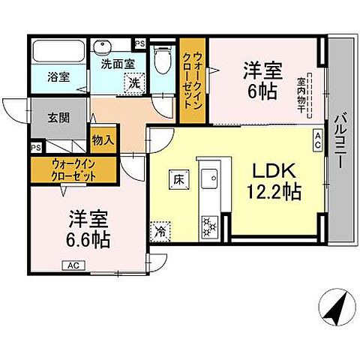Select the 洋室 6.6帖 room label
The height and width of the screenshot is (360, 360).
coord(89,229)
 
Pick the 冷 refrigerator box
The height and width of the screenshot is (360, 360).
coord(160,232)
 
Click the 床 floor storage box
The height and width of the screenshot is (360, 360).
coord(179,179)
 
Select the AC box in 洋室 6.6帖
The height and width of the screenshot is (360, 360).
coord(73,265)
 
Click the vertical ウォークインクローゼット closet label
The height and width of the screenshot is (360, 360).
coord(193,78)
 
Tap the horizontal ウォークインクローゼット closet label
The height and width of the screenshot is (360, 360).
coord(73,169)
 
